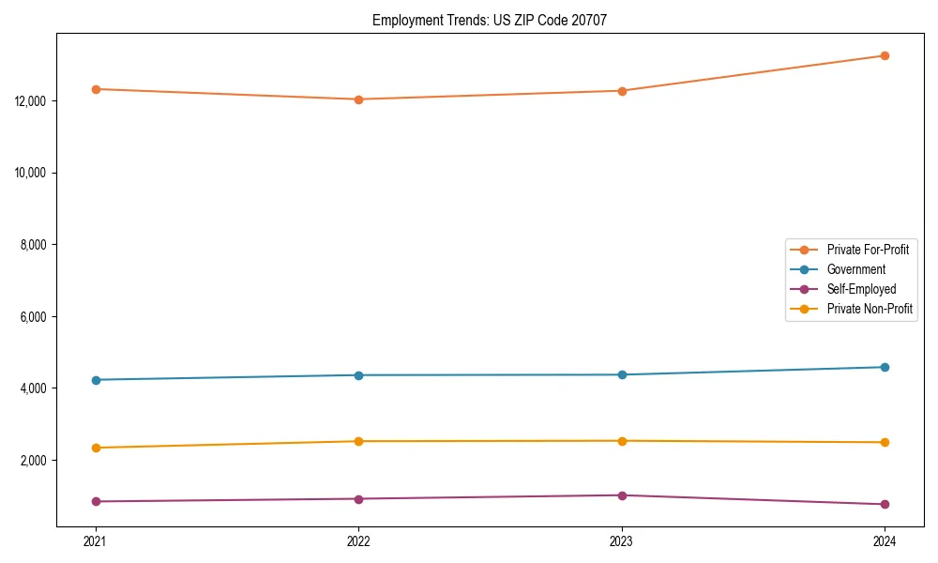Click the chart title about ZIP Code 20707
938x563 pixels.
click(489, 20)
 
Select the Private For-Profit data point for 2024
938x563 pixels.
click(885, 55)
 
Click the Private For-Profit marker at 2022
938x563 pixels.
click(358, 99)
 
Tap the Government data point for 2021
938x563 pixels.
click(96, 380)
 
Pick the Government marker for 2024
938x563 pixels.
click(885, 367)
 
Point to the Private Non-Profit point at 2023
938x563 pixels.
click(622, 441)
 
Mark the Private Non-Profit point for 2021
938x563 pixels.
click(96, 448)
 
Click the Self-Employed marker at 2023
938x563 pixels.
click(622, 495)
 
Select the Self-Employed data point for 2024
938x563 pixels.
click(885, 504)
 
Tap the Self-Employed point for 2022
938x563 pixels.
click(358, 499)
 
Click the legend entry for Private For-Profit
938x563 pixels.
click(867, 250)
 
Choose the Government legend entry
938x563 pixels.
click(855, 269)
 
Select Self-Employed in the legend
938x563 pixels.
click(861, 289)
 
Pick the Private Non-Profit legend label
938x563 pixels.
click(870, 309)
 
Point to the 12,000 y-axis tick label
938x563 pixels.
click(33, 101)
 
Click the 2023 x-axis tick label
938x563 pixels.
click(622, 540)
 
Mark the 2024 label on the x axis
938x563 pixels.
click(885, 540)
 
